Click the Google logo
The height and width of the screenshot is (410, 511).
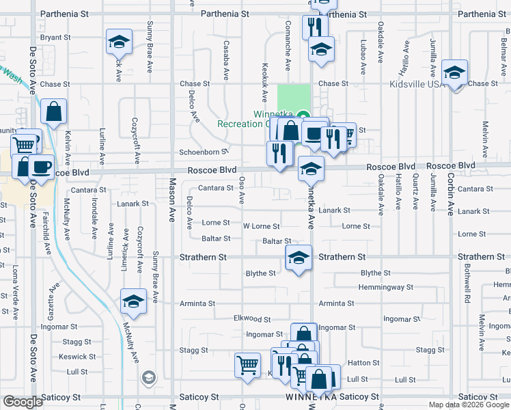click(23, 402)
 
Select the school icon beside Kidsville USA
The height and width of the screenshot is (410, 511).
click(454, 73)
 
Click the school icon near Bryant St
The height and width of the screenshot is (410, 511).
click(119, 42)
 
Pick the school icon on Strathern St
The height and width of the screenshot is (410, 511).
click(299, 258)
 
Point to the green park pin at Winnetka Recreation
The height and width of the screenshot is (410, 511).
click(304, 116)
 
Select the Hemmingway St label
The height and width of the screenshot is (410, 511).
click(386, 288)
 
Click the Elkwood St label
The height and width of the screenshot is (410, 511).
click(252, 319)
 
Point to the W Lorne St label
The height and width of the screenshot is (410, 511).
click(261, 226)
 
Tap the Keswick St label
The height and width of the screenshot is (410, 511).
click(73, 357)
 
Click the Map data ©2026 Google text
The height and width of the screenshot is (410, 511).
click(469, 405)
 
